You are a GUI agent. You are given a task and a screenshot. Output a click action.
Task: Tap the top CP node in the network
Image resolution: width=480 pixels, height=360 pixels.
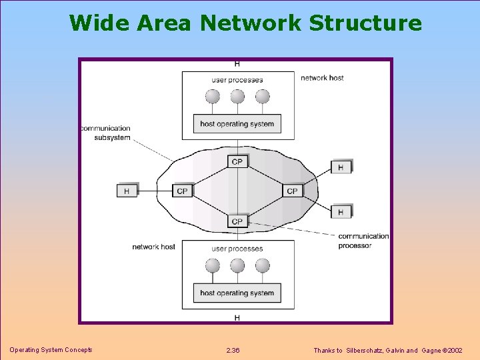click(237, 161)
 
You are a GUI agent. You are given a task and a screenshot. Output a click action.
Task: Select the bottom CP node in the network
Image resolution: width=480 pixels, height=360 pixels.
click(237, 221)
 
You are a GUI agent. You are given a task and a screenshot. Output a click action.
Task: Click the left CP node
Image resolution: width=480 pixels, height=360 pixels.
click(182, 191)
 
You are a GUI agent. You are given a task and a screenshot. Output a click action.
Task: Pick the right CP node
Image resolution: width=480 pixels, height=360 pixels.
click(292, 191)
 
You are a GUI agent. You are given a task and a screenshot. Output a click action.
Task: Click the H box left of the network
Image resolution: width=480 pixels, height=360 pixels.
click(127, 191)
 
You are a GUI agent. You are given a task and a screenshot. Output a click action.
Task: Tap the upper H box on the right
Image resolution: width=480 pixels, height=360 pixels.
click(341, 167)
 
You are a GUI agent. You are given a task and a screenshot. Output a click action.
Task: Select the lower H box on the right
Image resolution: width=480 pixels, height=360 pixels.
click(341, 212)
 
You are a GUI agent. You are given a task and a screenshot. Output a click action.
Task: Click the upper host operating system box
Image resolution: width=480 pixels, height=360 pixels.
click(237, 123)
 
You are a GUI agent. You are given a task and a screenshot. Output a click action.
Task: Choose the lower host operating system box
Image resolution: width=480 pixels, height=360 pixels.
click(237, 293)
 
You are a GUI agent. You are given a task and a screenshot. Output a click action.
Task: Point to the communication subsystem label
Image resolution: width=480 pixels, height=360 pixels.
click(105, 133)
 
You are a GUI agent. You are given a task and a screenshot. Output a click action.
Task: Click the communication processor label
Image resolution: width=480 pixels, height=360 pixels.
click(363, 241)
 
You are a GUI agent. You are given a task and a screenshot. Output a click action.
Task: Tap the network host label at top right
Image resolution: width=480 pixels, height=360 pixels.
click(322, 78)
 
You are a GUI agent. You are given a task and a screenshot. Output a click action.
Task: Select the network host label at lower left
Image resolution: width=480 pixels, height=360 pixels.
click(153, 247)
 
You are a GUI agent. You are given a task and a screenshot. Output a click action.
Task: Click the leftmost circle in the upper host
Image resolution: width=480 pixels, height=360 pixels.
click(213, 97)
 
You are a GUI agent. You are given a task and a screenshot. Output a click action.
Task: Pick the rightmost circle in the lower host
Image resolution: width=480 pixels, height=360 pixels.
click(263, 266)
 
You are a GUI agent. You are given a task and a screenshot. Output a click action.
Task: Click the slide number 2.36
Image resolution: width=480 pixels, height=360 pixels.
click(233, 350)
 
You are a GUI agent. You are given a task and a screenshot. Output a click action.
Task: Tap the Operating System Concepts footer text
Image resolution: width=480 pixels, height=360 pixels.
click(51, 350)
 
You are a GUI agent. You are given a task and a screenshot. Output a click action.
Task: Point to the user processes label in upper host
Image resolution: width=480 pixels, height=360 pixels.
click(237, 80)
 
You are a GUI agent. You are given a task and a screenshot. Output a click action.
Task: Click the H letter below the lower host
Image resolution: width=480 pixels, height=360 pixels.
click(237, 318)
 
